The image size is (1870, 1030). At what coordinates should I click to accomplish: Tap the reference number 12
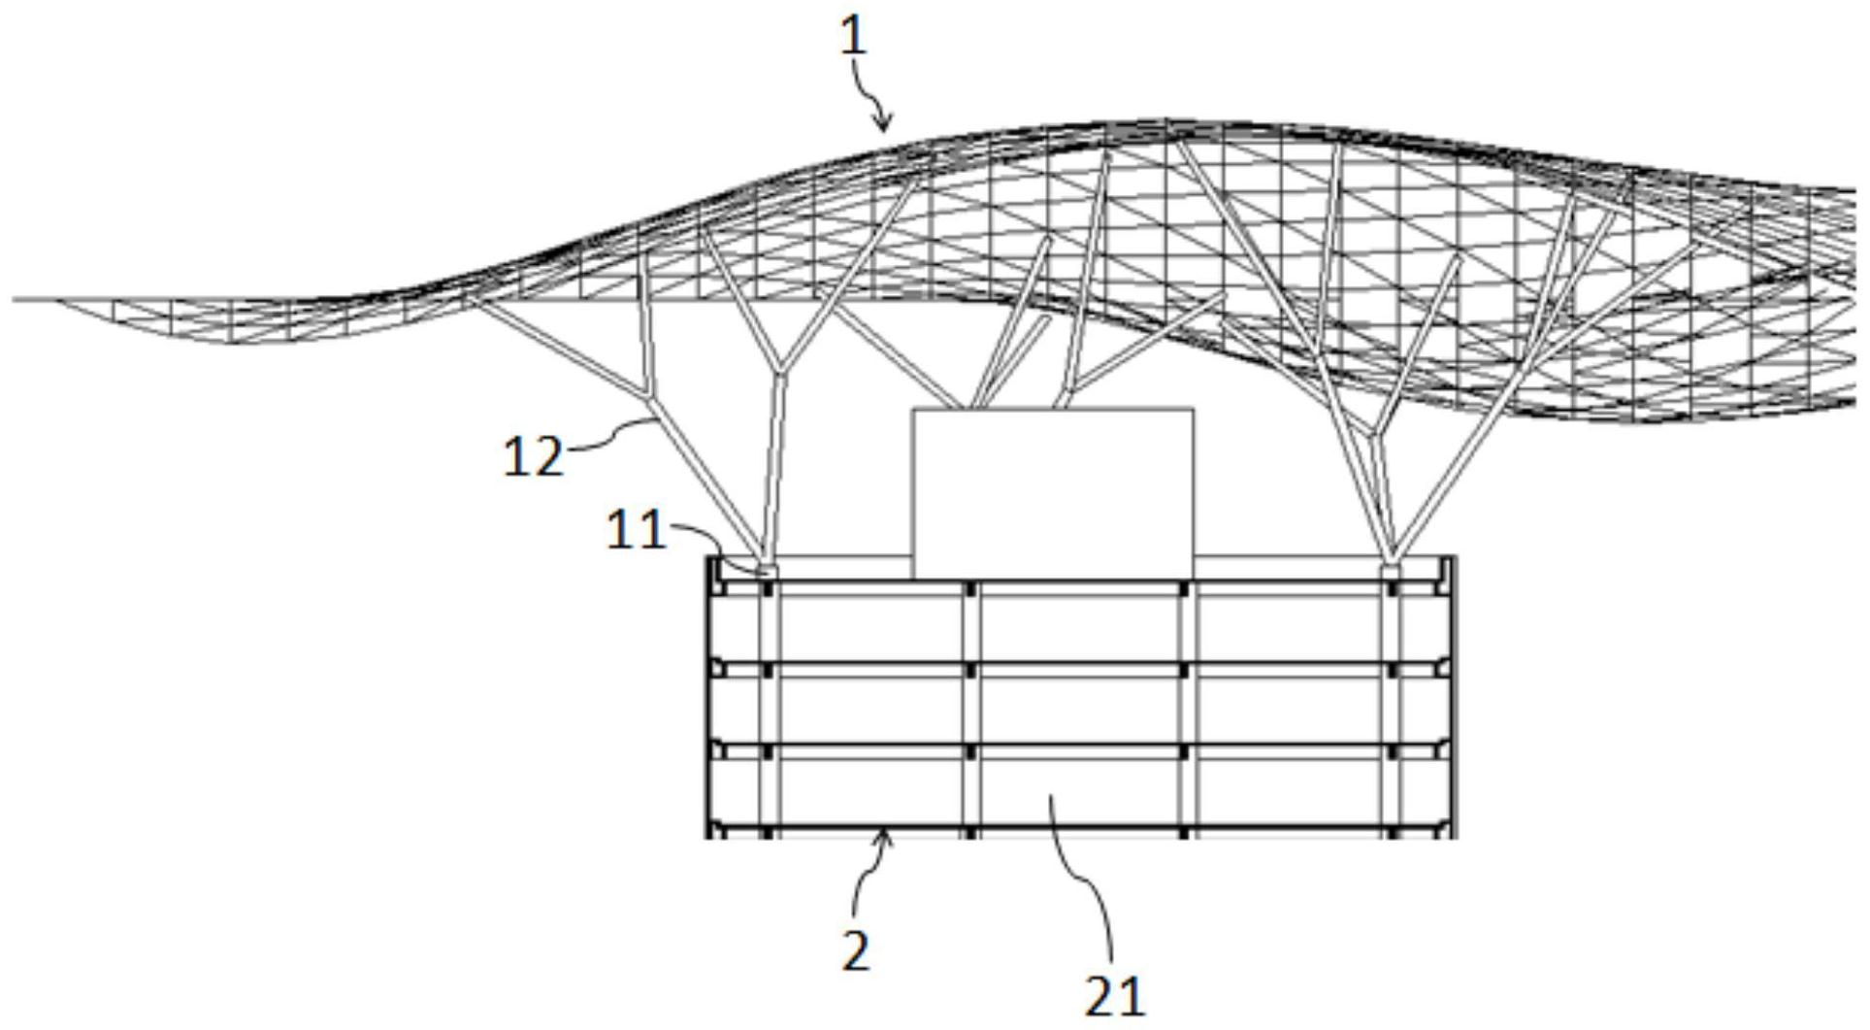[x=533, y=455]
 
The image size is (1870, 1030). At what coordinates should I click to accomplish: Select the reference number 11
[x=637, y=531]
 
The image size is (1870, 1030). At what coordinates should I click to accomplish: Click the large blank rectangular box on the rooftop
[x=1052, y=493]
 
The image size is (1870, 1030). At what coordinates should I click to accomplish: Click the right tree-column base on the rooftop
[x=1391, y=571]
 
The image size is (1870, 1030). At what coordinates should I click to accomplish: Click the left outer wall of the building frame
[x=709, y=697]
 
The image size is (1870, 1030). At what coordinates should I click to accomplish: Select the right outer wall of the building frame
[x=1452, y=697]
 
